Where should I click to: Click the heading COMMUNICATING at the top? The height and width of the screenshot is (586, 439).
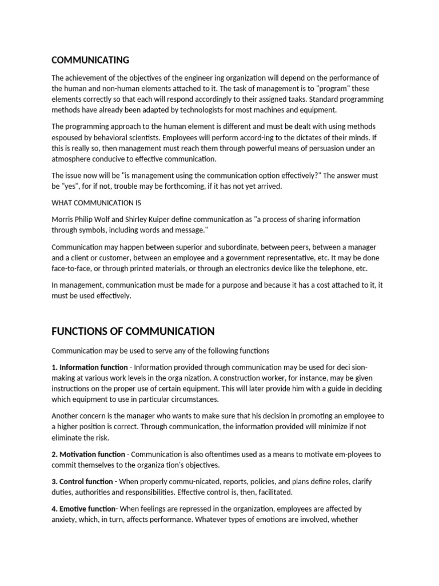90,60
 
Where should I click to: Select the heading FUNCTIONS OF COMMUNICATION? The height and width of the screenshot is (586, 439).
133,331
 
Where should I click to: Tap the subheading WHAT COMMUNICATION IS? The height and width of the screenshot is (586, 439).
96,203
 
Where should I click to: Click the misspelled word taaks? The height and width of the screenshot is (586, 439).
298,99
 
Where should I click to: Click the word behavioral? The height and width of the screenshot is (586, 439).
105,137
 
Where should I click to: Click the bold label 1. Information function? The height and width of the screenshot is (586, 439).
89,367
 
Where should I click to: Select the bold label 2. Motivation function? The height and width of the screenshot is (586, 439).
88,454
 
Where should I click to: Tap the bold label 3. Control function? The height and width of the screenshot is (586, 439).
82,482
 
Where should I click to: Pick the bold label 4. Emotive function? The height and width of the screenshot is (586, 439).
83,509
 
